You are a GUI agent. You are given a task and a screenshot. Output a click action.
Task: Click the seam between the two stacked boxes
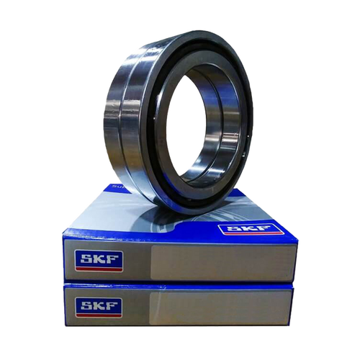180,283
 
